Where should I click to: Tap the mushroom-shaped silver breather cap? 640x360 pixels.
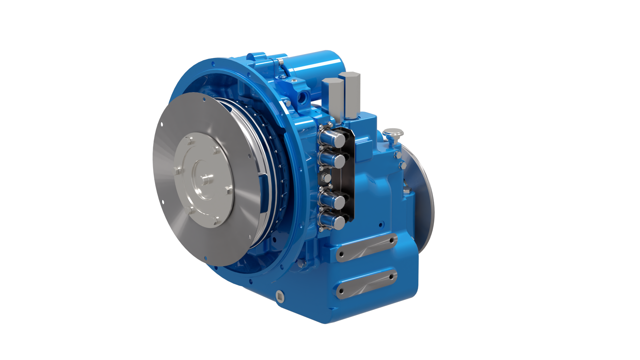pos(393,134)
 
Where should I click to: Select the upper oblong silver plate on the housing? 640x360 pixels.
pos(367,248)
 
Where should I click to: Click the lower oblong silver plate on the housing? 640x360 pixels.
pos(367,284)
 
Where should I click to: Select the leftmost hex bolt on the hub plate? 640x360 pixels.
pos(177,170)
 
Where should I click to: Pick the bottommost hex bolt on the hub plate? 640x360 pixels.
pos(216,220)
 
